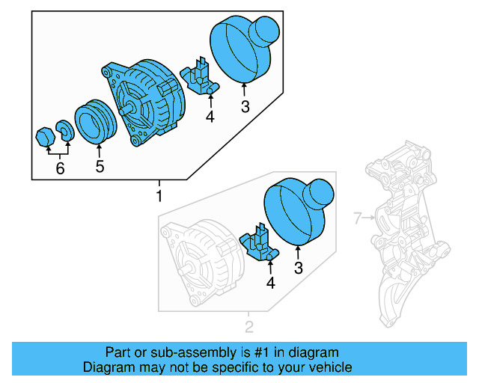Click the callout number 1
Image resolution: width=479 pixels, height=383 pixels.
(x=158, y=196)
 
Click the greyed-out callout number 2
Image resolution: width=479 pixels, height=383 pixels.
(x=249, y=326)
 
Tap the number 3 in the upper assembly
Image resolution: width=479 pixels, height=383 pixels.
(x=245, y=106)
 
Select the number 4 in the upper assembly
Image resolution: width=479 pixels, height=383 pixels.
(x=210, y=117)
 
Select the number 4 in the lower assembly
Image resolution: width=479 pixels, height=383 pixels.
(x=270, y=283)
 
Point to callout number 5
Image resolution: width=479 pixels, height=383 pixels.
(x=100, y=166)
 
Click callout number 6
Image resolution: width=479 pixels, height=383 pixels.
(x=60, y=168)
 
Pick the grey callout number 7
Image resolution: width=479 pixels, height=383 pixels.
(x=357, y=218)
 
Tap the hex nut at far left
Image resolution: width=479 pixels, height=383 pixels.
(x=45, y=137)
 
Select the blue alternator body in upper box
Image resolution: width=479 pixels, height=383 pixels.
(x=146, y=101)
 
